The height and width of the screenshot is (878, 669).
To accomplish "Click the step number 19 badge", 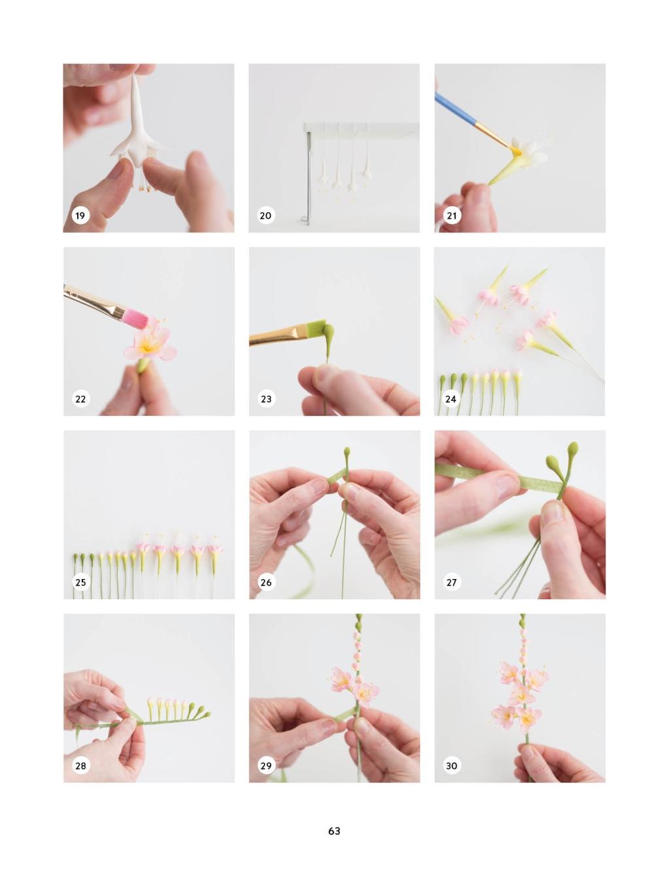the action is [80, 215].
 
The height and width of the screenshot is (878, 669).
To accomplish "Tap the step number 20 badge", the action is [265, 215].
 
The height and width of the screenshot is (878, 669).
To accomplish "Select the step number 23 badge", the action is [267, 399].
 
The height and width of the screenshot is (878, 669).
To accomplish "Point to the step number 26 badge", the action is [267, 582].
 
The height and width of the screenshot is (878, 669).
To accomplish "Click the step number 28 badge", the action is [80, 766].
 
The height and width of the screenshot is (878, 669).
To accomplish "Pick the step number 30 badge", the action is [451, 766].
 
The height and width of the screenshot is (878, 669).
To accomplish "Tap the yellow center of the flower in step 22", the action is [148, 348].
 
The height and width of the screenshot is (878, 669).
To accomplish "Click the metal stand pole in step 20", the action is [308, 176].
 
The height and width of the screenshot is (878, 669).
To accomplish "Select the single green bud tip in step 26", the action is [346, 454].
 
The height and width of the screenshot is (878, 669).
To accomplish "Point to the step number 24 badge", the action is [451, 399].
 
